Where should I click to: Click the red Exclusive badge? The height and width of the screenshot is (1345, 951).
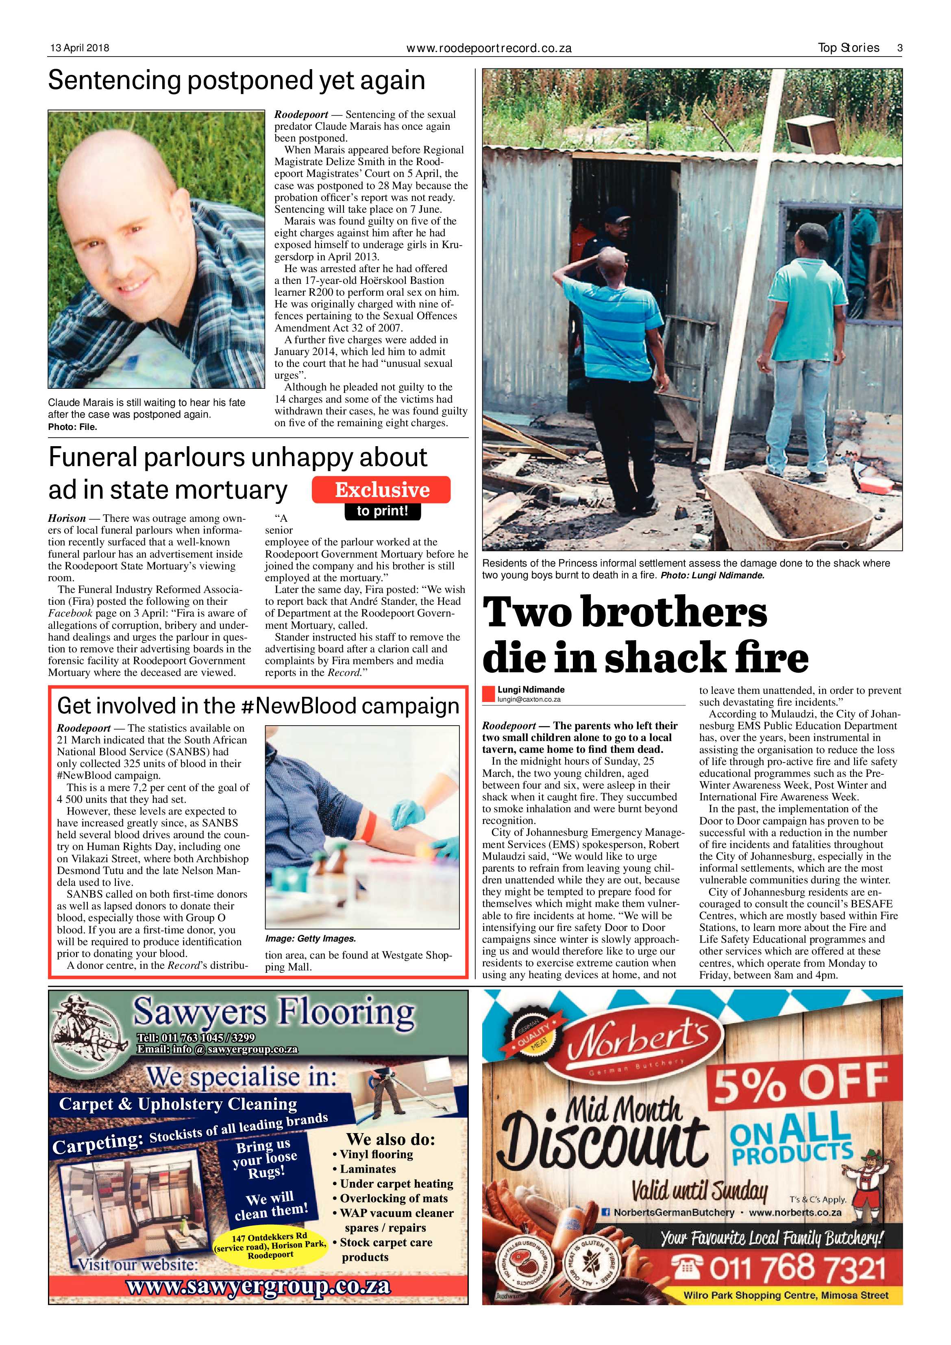click(381, 490)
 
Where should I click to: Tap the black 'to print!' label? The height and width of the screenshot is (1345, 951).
click(382, 511)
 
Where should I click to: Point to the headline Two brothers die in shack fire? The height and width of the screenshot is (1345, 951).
click(644, 635)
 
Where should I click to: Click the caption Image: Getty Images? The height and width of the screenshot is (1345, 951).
click(310, 938)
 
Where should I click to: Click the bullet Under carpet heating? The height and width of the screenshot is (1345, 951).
click(396, 1183)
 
